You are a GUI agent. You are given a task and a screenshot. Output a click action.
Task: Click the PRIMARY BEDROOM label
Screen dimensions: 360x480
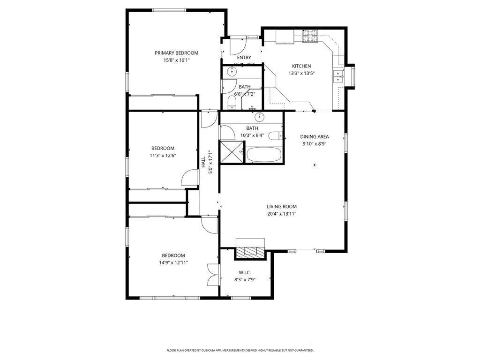tap(176, 53)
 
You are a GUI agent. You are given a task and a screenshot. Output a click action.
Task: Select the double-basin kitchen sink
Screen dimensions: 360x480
tap(338, 76)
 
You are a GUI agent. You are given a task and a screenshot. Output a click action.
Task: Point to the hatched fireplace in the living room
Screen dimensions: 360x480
tap(250, 252)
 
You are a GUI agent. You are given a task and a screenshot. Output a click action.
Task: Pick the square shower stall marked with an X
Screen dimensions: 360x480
tap(230, 151)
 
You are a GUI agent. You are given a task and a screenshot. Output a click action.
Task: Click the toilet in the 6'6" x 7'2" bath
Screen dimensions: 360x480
tap(232, 102)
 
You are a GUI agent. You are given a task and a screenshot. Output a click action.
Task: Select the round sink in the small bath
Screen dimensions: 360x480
tap(232, 72)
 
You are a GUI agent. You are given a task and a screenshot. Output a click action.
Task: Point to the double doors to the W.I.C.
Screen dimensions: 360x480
tap(213, 274)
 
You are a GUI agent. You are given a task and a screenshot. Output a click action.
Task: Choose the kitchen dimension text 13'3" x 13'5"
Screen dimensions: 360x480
tap(301, 73)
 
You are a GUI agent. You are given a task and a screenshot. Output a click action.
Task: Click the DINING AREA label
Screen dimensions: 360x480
tap(315, 137)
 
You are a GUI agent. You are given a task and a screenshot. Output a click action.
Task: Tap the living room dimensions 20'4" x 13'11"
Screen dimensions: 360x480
tap(282, 214)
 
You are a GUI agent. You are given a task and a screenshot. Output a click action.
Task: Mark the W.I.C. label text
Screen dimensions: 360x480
tap(245, 272)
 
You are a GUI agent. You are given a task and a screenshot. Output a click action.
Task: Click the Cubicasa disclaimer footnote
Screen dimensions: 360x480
tap(240, 350)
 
